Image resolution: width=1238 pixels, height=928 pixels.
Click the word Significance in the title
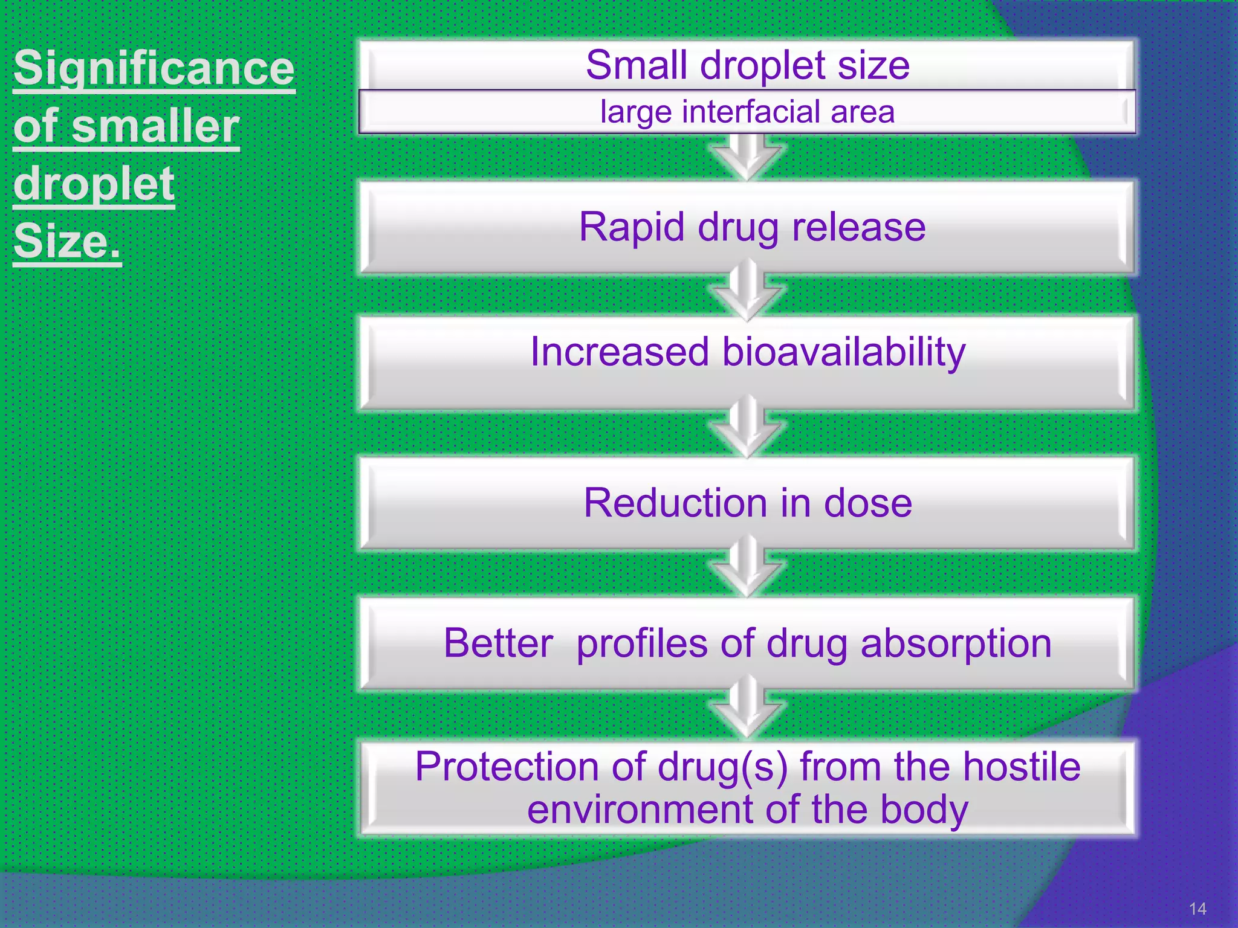(x=154, y=68)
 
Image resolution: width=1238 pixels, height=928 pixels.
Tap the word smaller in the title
(x=156, y=126)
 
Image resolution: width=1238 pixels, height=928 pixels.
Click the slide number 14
(x=1197, y=909)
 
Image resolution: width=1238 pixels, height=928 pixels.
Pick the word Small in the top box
(x=637, y=65)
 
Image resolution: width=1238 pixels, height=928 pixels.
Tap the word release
(x=858, y=228)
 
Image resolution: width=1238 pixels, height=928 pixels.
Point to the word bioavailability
(x=844, y=353)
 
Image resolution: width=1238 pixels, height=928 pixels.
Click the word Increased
(x=619, y=352)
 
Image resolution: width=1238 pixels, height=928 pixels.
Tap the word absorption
(x=956, y=644)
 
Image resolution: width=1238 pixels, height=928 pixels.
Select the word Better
(x=498, y=643)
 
